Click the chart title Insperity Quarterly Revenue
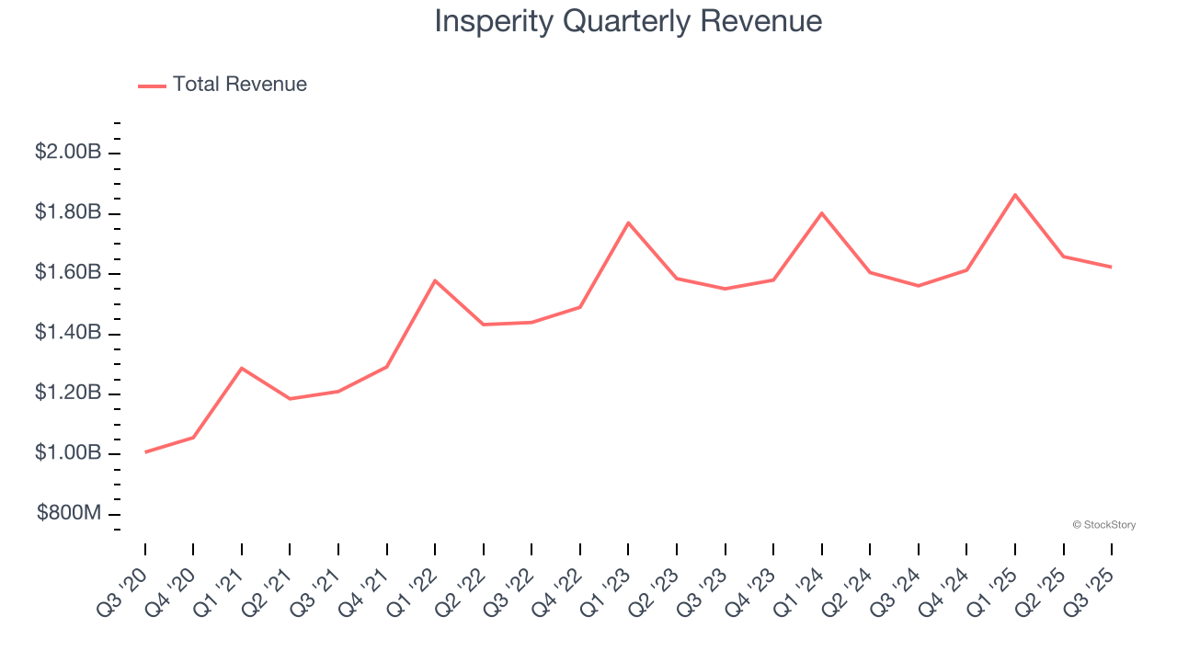[x=628, y=20]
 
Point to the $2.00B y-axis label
[x=68, y=152]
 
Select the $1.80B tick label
[x=68, y=212]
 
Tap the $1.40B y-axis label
[x=68, y=333]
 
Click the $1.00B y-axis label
[x=68, y=453]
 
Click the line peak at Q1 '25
[x=1015, y=195]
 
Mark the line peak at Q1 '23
[x=628, y=223]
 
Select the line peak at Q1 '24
[x=821, y=213]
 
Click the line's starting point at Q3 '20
[x=145, y=452]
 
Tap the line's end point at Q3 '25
[x=1112, y=268]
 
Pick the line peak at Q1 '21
[x=242, y=368]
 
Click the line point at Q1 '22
[x=435, y=280]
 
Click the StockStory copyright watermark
[x=1104, y=525]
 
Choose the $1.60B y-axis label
[x=68, y=273]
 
